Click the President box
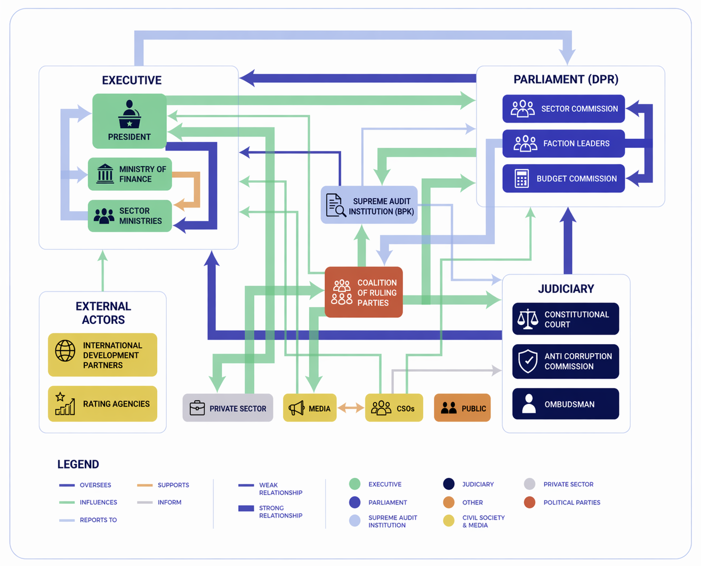(x=130, y=121)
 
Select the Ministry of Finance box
(x=130, y=174)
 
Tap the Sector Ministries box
(x=130, y=216)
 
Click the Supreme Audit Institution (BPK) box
(x=369, y=205)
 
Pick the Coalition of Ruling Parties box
(x=364, y=292)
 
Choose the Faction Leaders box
(x=563, y=144)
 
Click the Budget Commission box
(x=563, y=178)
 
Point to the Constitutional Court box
(x=566, y=319)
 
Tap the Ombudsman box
(x=566, y=404)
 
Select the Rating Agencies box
(x=102, y=404)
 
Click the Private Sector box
(x=228, y=408)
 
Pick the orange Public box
(x=462, y=408)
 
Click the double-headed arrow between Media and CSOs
(x=351, y=408)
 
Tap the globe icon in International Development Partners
(x=65, y=351)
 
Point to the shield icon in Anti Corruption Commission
(x=528, y=361)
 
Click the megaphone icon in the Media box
(x=296, y=408)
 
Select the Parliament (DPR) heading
(x=566, y=79)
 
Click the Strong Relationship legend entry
(x=270, y=512)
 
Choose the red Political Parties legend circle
(x=530, y=503)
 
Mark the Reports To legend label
(x=99, y=520)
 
